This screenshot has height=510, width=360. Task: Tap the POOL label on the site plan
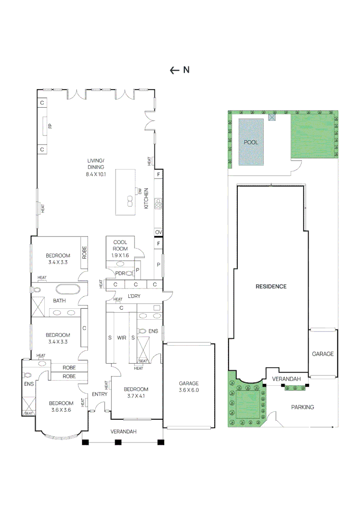point(251,142)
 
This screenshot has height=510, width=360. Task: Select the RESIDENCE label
point(271,286)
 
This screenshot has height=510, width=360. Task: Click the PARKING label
point(302,407)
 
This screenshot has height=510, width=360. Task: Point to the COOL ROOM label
point(120,246)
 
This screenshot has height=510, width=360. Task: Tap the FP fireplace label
point(50,126)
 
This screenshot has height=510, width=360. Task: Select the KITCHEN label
point(147,199)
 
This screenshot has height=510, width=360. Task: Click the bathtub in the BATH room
point(68,290)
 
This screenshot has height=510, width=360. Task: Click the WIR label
point(121,338)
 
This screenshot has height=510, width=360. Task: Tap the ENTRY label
point(99,394)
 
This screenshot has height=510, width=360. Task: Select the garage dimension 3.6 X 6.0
point(188,391)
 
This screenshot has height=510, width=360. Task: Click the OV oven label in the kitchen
point(159,232)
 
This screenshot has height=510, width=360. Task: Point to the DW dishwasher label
point(140,191)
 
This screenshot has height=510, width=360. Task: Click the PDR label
point(120,273)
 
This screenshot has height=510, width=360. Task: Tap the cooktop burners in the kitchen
point(158,204)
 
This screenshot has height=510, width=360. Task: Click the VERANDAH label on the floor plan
point(124,432)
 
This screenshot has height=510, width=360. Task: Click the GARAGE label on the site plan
point(323,354)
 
